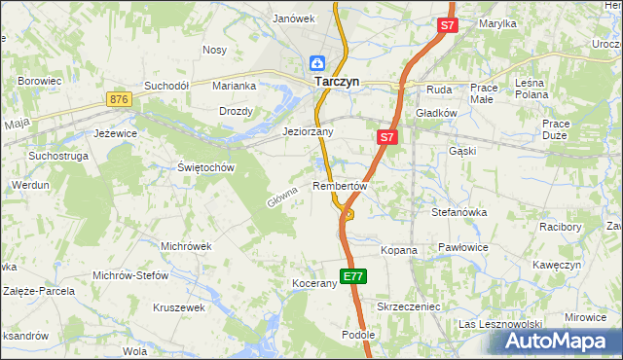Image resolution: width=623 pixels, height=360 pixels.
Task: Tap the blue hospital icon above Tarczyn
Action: (x=317, y=63)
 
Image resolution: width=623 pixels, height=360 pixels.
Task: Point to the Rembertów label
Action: (x=339, y=186)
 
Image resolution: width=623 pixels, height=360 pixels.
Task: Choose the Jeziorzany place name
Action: (x=308, y=131)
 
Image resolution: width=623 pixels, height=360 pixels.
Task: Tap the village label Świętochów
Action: (x=207, y=167)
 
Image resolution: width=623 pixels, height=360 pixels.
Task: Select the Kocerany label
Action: (x=313, y=284)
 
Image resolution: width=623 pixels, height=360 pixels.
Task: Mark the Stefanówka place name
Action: (x=458, y=210)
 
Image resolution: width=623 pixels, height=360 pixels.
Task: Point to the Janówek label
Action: (x=294, y=18)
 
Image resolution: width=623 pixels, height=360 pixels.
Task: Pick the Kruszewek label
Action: (x=179, y=307)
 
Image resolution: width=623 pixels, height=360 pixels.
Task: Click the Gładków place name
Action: (x=436, y=113)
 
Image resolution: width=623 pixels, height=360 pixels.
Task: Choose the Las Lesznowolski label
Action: (x=499, y=324)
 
